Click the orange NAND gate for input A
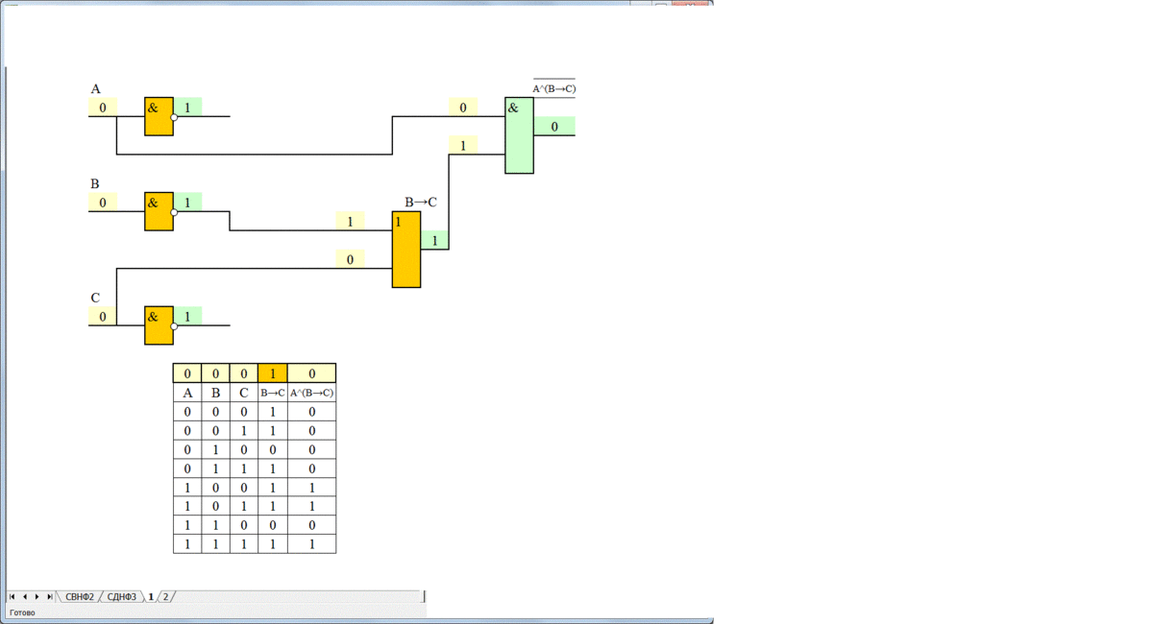(159, 116)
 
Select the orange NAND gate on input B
(159, 211)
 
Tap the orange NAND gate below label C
(159, 325)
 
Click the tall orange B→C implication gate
(406, 250)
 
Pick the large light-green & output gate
(519, 135)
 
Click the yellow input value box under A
(103, 108)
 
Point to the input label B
(94, 183)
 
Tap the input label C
(95, 298)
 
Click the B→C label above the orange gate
(421, 202)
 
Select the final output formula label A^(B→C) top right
(554, 88)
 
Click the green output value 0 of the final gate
(554, 127)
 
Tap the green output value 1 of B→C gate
(434, 241)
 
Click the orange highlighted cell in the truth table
(273, 373)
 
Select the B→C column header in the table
(273, 393)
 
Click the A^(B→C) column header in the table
(312, 393)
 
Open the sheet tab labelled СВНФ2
(80, 597)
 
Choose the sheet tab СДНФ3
(122, 597)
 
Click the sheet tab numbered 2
(165, 597)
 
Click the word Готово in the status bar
(22, 612)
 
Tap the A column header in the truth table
(187, 393)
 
